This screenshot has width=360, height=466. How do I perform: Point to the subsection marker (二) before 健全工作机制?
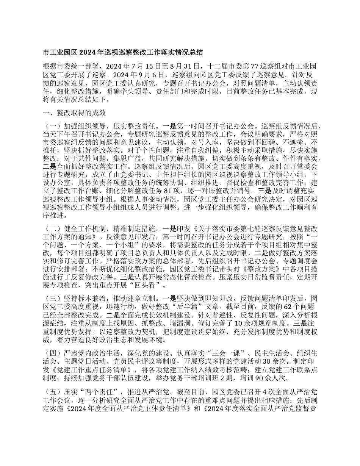tap(52, 229)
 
